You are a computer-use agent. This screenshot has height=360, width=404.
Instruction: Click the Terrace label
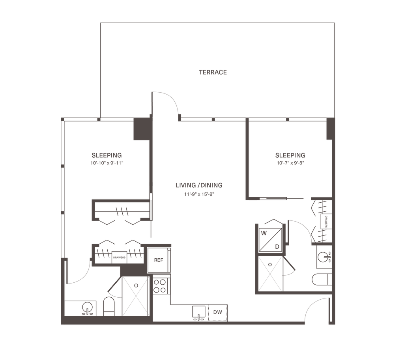point(213,73)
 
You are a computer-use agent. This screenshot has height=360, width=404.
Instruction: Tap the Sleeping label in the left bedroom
point(107,154)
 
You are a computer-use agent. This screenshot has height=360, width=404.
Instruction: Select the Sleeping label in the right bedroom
point(290,154)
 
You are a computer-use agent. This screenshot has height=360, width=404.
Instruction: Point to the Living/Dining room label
point(199,185)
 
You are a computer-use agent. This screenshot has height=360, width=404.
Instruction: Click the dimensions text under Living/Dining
point(199,194)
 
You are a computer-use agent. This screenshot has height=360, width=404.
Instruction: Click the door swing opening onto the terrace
point(166,104)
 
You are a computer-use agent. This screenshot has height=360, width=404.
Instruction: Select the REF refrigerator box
point(159,260)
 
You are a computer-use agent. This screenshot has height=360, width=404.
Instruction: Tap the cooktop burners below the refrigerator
point(159,286)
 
